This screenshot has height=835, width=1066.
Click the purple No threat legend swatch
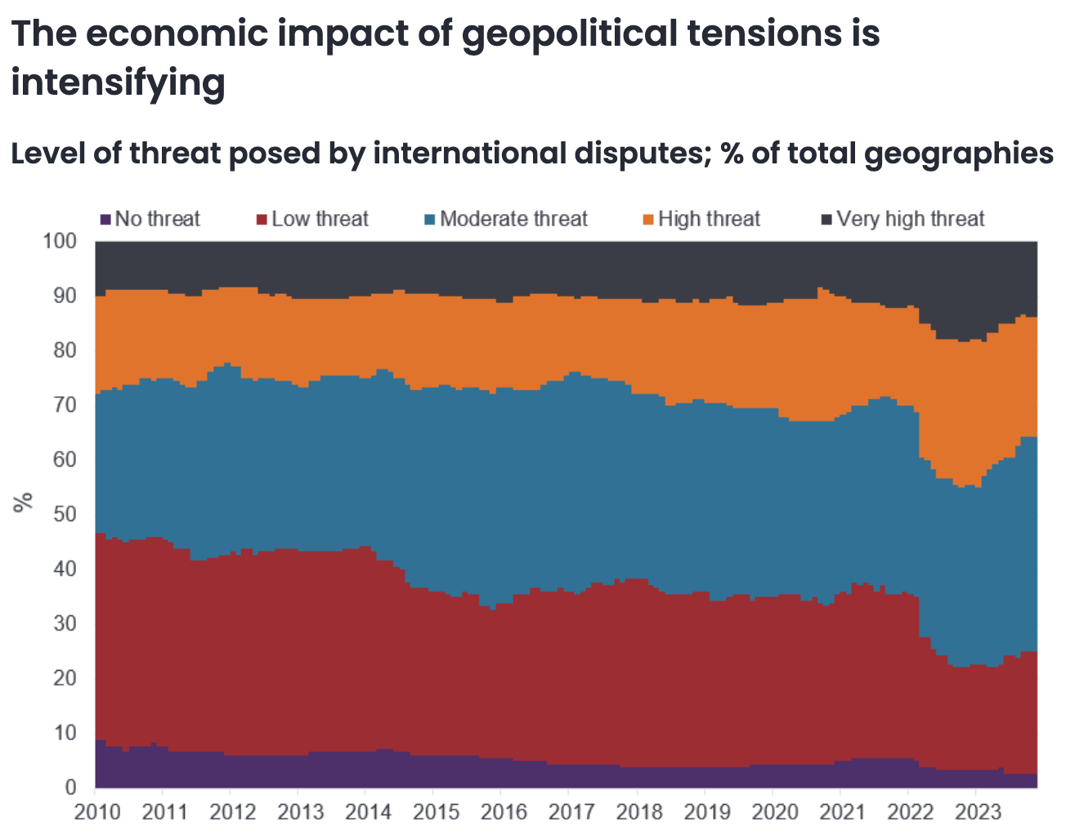pos(105,219)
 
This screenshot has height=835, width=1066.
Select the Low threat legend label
pos(320,219)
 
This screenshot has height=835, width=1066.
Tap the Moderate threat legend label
pos(513,219)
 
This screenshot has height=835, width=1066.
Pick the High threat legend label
pos(709,219)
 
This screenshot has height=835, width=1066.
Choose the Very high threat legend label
pos(911,219)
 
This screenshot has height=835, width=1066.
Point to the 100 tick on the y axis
pos(60,241)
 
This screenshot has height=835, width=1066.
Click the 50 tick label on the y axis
pos(65,514)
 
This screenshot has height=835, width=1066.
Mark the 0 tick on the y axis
pos(71,788)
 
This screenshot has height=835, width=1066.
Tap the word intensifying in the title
pos(118,83)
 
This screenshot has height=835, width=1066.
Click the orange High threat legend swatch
pos(648,219)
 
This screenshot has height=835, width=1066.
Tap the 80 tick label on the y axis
pos(65,351)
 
